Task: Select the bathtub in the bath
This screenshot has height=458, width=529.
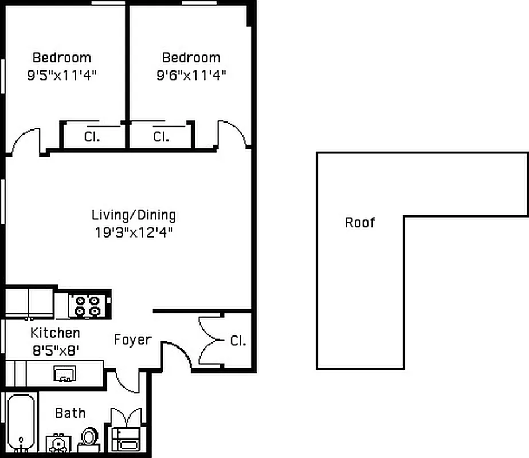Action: pyautogui.click(x=21, y=424)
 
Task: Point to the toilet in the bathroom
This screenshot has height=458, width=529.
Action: pyautogui.click(x=89, y=439)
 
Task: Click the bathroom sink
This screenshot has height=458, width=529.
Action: pyautogui.click(x=58, y=443)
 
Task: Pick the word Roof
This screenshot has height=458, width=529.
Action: pyautogui.click(x=360, y=222)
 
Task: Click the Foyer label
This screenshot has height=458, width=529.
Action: pyautogui.click(x=132, y=339)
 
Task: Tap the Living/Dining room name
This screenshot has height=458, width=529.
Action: pyautogui.click(x=134, y=215)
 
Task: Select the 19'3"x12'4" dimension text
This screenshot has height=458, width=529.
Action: pyautogui.click(x=134, y=232)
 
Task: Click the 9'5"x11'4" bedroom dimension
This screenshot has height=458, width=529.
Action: pyautogui.click(x=61, y=75)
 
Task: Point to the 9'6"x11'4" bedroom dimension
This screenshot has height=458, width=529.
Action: pyautogui.click(x=191, y=75)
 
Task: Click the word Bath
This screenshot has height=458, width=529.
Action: pyautogui.click(x=70, y=413)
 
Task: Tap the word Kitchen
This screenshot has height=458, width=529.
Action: pyautogui.click(x=55, y=333)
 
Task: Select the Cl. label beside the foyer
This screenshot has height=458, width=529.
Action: pyautogui.click(x=238, y=341)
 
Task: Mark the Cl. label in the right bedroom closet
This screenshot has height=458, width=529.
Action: pyautogui.click(x=161, y=137)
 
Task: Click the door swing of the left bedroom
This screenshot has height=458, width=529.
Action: pyautogui.click(x=26, y=141)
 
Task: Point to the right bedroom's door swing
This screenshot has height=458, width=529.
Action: pyautogui.click(x=232, y=135)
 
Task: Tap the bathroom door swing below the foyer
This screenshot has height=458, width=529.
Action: pyautogui.click(x=127, y=382)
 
